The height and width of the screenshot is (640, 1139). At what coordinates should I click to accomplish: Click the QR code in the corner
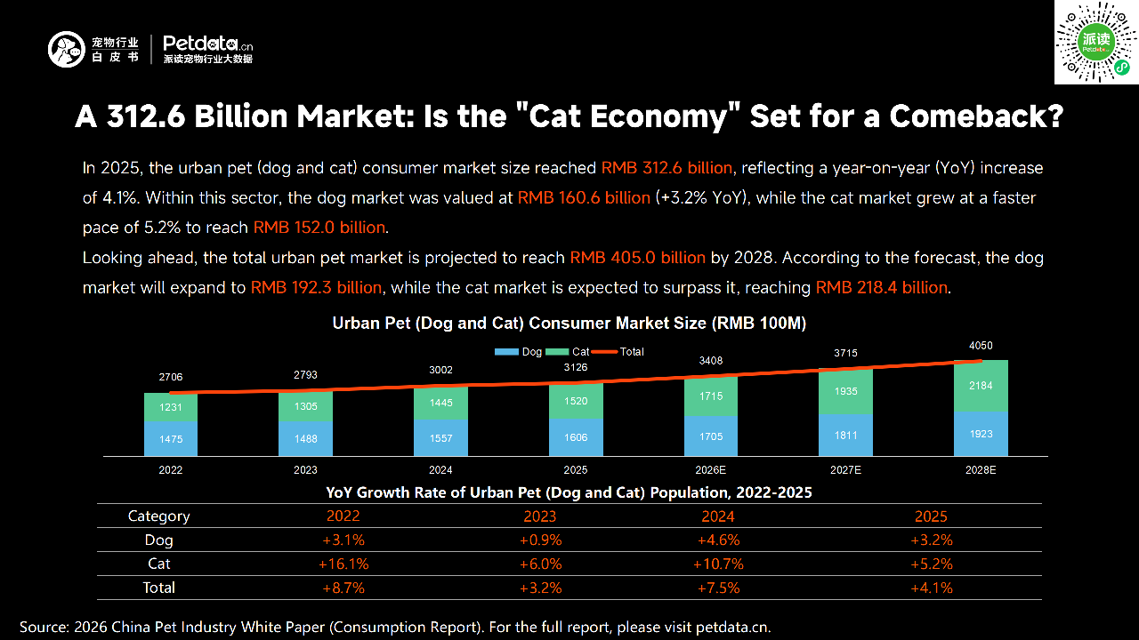(x=1096, y=43)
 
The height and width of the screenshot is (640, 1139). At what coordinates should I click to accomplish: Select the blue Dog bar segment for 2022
(x=171, y=438)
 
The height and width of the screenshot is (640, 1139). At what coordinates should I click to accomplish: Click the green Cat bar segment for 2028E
(x=981, y=386)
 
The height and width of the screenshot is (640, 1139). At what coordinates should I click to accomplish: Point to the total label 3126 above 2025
(x=576, y=368)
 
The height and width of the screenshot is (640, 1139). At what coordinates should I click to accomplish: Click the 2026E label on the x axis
(x=710, y=469)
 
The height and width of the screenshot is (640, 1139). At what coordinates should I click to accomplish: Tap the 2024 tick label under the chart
(x=440, y=469)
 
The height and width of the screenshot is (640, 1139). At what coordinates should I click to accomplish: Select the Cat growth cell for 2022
(x=343, y=564)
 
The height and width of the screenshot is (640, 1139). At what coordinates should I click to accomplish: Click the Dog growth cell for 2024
(x=718, y=540)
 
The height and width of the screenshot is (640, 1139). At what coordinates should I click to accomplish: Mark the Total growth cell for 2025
(x=932, y=588)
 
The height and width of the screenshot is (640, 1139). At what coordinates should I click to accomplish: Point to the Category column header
(x=159, y=516)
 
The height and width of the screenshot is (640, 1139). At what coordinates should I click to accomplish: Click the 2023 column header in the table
(x=540, y=516)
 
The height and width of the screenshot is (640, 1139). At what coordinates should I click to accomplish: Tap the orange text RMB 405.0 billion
(x=637, y=258)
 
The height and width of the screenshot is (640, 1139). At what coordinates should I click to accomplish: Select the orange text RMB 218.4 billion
(x=882, y=288)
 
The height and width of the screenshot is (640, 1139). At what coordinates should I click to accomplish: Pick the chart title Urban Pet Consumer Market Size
(x=569, y=324)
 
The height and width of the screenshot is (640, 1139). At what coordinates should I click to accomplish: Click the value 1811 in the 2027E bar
(x=845, y=435)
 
